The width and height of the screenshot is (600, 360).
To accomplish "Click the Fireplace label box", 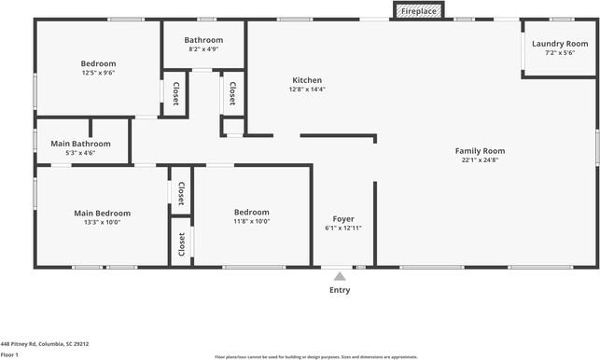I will point(418,11).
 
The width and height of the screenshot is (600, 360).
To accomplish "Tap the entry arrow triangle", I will point(340,276).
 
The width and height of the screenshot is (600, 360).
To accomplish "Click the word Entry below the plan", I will point(340,290).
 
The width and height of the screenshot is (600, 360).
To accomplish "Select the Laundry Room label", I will point(560,44).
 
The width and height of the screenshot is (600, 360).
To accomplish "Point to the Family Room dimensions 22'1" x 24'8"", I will point(480,160).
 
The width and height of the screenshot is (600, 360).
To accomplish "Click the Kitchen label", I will point(307,80).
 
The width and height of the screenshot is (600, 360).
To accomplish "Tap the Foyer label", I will point(343,219).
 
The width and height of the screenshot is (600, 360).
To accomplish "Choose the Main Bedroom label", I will point(103,214).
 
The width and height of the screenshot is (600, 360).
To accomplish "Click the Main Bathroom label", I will point(80,144).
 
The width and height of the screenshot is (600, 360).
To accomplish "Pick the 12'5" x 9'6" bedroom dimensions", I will point(97,73).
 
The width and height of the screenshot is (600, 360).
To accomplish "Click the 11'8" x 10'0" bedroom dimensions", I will point(251,222).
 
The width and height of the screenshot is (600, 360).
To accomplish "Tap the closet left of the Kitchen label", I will point(232,93).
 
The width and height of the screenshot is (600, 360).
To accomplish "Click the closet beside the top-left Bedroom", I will point(175,93).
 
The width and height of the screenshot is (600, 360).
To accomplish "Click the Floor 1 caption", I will point(9,354).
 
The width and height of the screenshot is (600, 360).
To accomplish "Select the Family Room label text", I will point(480,151).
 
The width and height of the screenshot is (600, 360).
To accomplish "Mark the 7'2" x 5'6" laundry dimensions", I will point(560,53).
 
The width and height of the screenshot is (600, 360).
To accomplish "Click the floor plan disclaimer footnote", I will point(315,356).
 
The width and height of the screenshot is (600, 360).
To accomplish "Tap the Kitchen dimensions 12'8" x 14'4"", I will point(307,90).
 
